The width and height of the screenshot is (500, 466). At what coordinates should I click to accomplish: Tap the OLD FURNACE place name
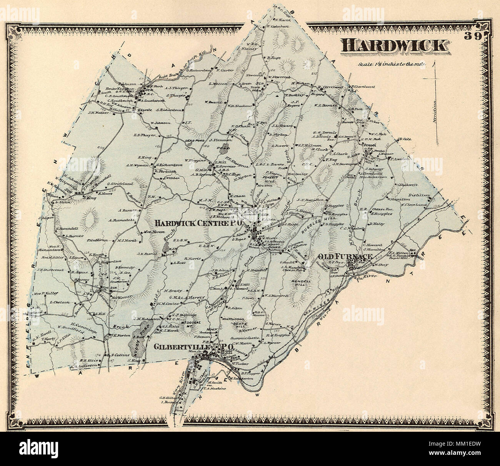(344, 256)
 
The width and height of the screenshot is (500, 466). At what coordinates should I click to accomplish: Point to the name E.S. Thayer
(144, 135)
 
